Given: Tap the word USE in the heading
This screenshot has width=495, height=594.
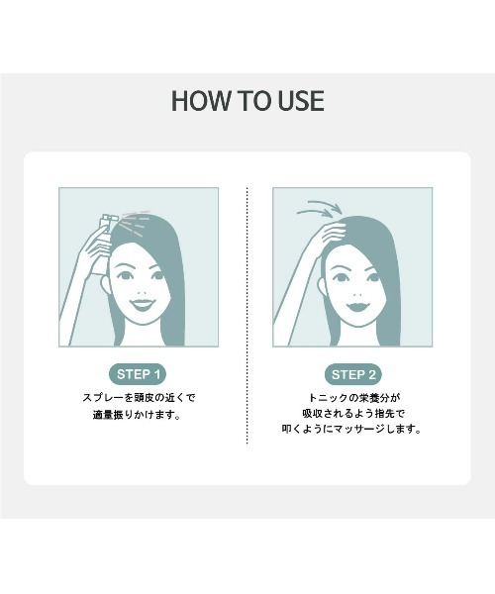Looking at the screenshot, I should tap(297, 101).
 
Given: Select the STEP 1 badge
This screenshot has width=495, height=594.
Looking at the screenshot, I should tap(139, 374).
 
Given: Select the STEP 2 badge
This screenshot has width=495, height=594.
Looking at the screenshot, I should tap(354, 374).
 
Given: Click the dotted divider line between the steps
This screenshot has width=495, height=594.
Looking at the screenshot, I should tap(247, 317).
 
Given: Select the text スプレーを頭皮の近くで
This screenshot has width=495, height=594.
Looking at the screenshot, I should tap(139, 398).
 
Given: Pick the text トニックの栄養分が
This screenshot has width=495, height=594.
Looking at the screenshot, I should tap(353, 398).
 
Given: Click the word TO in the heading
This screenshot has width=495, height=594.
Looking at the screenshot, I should tap(247, 101).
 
